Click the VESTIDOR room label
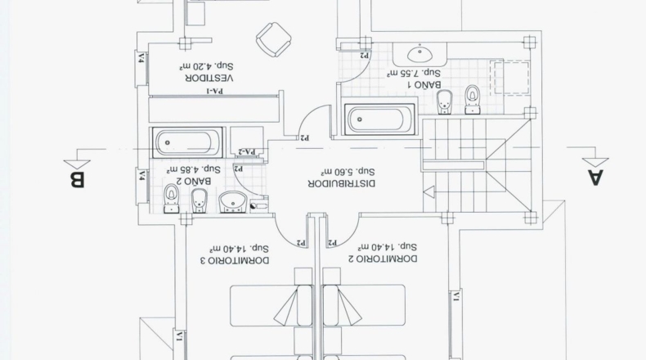tap(209, 78)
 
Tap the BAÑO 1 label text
tap(424, 85)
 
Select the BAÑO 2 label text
tap(194, 181)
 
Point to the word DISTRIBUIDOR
tap(342, 183)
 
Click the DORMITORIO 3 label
tap(238, 260)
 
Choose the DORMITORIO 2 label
tap(387, 259)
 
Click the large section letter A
tap(595, 178)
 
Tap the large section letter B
tap(77, 180)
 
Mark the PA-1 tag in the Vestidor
tap(214, 91)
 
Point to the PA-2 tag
tap(247, 151)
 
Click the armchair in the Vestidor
tap(274, 39)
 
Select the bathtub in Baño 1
tap(379, 119)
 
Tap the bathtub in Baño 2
tap(187, 142)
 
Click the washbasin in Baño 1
tap(419, 54)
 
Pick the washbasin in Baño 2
tap(232, 202)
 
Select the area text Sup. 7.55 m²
tap(414, 73)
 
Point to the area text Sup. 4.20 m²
tap(206, 65)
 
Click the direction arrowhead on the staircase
tap(428, 191)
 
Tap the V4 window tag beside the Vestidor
tap(141, 58)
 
